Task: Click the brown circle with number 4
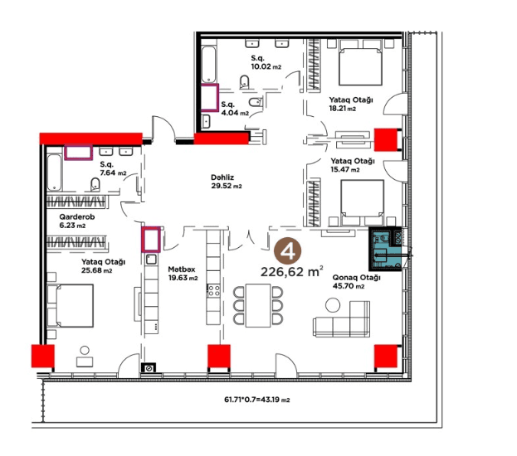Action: click(288, 250)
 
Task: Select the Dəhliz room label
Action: click(222, 177)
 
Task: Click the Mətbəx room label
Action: click(182, 269)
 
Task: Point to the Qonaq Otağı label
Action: click(357, 278)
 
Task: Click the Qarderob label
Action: click(77, 216)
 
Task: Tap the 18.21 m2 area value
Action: click(342, 108)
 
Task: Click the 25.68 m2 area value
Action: click(96, 270)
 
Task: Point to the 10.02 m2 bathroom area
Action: click(266, 66)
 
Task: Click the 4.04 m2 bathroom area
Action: click(235, 113)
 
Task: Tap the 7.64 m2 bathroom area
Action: click(113, 172)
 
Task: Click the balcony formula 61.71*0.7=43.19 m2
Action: click(257, 400)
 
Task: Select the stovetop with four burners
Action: click(213, 291)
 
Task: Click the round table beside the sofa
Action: click(332, 305)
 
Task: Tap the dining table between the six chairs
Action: click(258, 305)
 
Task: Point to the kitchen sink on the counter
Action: click(151, 259)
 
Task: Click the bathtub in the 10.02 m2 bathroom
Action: click(208, 65)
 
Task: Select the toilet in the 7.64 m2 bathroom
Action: click(95, 185)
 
